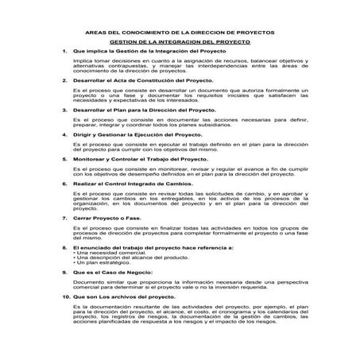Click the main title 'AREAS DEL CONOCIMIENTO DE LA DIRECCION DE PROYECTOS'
click(180, 33)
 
